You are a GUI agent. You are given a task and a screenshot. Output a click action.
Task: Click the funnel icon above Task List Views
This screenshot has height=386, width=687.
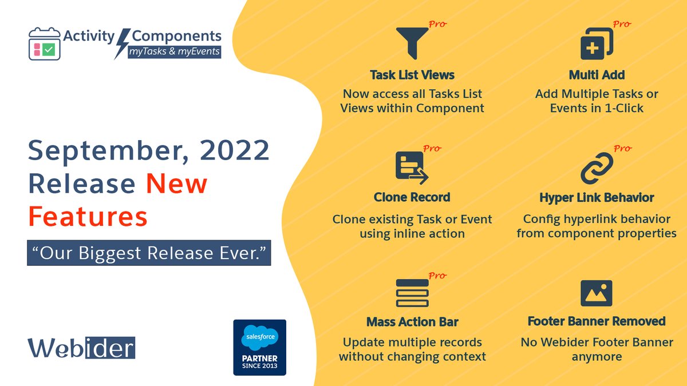(412, 44)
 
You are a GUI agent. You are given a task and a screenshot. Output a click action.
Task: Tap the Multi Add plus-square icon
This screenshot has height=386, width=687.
(596, 44)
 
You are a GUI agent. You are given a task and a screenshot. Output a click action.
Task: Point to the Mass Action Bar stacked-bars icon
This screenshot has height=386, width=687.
(412, 293)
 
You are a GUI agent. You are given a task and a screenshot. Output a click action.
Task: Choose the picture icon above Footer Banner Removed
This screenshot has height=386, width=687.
(597, 293)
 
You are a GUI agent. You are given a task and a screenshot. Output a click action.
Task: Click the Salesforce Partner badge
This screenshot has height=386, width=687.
(259, 347)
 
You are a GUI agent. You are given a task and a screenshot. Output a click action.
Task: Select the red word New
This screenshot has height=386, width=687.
(176, 184)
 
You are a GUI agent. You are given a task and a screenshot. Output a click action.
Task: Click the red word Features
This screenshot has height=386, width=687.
(88, 217)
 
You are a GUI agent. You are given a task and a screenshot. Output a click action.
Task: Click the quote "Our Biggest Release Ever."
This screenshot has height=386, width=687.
(149, 252)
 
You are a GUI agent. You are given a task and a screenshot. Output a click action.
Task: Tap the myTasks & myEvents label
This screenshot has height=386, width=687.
(174, 51)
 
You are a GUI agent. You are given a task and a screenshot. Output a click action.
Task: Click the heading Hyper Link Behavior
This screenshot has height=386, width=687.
(597, 198)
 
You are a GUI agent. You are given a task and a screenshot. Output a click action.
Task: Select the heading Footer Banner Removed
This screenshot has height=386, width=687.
(597, 321)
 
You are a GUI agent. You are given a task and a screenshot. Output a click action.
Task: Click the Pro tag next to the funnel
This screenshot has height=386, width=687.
(437, 25)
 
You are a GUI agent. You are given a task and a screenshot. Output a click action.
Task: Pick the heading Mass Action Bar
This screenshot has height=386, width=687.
(412, 322)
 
